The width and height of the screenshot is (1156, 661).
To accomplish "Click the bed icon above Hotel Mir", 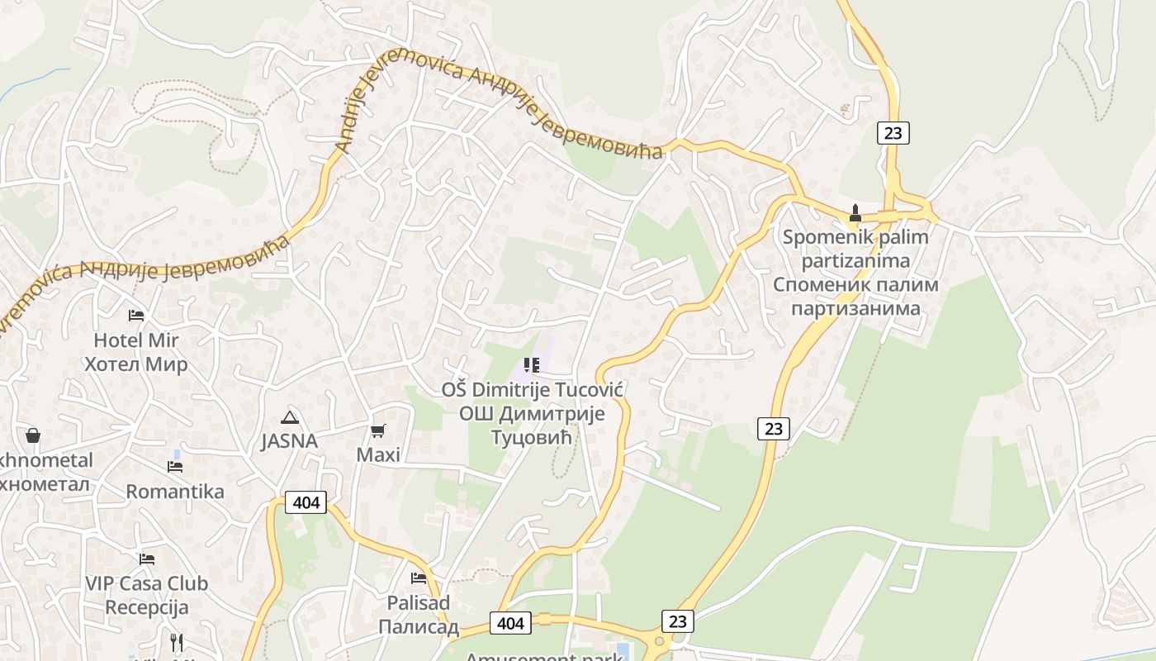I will [x=136, y=316].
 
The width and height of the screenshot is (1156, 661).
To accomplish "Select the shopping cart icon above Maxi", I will [x=378, y=430].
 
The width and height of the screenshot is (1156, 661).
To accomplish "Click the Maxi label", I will [x=378, y=454].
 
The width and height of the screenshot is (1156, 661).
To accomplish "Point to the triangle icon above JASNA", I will [x=289, y=417].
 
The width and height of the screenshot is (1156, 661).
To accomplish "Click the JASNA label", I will [x=289, y=441].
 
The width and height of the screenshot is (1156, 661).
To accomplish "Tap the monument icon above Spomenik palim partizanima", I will [x=855, y=213].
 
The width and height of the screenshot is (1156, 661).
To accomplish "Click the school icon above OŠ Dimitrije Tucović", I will [x=532, y=364].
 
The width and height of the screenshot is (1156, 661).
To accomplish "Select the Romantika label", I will [x=175, y=492].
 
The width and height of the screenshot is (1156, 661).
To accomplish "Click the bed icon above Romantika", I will [x=175, y=466].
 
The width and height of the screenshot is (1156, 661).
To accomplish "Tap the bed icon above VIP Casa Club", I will [x=147, y=559].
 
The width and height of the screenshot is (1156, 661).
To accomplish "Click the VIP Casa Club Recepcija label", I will [x=147, y=595].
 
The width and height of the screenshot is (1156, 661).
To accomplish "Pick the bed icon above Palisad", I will [x=419, y=578].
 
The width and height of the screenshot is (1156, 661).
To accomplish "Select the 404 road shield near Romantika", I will [x=306, y=502].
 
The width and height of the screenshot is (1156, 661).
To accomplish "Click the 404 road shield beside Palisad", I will [x=510, y=623].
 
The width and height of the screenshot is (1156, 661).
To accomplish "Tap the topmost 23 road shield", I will [x=893, y=132].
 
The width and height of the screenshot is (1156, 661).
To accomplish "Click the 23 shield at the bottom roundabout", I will [x=678, y=621].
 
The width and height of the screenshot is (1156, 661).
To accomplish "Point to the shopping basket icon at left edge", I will [x=33, y=435].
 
